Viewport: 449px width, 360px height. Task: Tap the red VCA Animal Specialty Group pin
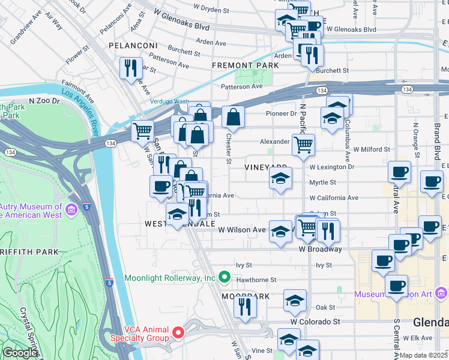(x=178, y=332)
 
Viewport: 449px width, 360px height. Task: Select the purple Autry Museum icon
(x=72, y=210)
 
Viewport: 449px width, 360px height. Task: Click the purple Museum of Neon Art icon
(x=441, y=293)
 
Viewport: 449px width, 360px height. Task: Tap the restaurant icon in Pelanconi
(x=130, y=67)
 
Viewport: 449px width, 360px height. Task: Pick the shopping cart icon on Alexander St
(x=303, y=144)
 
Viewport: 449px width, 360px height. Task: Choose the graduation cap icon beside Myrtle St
(x=279, y=179)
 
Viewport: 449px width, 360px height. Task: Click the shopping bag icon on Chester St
(x=233, y=116)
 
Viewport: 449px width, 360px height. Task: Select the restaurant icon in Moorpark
(x=245, y=305)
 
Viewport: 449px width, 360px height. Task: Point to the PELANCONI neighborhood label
(x=133, y=46)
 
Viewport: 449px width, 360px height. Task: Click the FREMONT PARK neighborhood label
(x=245, y=65)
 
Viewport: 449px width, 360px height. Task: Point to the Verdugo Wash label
(x=169, y=101)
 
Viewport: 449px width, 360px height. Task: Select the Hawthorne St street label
(x=256, y=280)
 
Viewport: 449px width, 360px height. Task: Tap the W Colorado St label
(x=315, y=322)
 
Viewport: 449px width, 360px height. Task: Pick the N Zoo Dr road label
(x=45, y=102)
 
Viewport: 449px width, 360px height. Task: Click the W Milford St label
(x=372, y=149)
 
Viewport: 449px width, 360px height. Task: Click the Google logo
(x=20, y=353)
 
